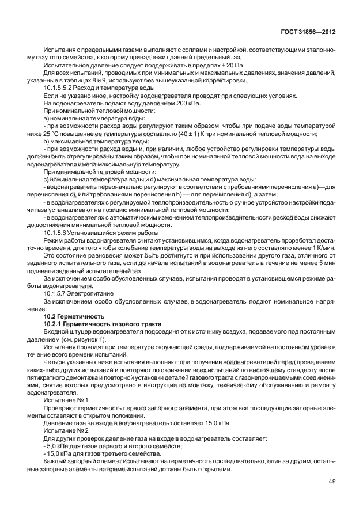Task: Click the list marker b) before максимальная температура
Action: point(47,141)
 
